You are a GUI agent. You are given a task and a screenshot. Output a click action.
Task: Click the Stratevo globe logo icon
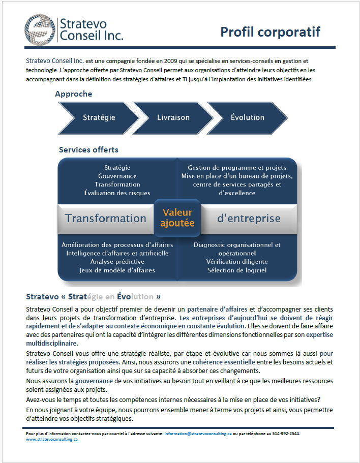point(39,29)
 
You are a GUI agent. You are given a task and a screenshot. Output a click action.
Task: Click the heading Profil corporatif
point(270,32)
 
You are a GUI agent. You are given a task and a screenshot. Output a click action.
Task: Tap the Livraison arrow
point(173,117)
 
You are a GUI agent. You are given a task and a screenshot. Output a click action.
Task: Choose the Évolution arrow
point(247,117)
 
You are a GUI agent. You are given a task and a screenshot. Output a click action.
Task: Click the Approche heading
point(73,94)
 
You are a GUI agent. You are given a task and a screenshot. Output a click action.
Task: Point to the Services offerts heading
point(88,150)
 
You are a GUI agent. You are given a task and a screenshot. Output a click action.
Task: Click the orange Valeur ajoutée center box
point(177,218)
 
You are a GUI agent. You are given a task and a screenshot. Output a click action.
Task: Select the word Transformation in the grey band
point(106,219)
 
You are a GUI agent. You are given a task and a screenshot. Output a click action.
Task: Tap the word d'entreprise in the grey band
point(249,219)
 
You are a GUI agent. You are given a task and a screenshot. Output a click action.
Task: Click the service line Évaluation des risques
point(117,193)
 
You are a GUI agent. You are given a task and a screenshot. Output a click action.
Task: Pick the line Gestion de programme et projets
point(237,168)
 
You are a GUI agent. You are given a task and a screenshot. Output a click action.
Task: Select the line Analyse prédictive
point(117,262)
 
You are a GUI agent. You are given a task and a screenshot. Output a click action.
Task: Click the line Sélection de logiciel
point(237,270)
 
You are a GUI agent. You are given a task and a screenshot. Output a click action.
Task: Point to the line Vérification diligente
point(237,262)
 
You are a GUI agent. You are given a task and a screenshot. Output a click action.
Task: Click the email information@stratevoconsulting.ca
point(198,434)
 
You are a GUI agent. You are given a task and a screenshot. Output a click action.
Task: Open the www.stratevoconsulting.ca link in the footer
point(51,440)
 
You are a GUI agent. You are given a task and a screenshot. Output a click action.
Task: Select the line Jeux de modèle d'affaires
point(117,270)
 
